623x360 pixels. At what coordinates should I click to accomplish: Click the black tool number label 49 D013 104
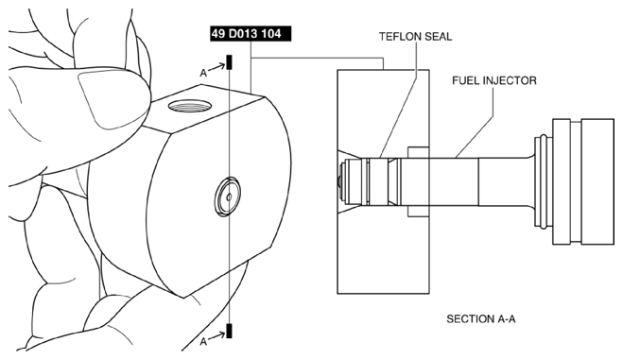coord(251,34)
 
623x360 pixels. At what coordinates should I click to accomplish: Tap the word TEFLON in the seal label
coord(400,37)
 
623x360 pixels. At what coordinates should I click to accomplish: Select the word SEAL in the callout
coord(439,37)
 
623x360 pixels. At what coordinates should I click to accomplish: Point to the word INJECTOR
coord(509,80)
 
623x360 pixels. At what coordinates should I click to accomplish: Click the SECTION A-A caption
coord(481,318)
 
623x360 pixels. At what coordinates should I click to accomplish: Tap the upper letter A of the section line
coord(203,73)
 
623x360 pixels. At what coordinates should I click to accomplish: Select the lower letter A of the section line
coord(203,341)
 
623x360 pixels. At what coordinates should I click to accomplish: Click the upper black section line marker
coord(230,62)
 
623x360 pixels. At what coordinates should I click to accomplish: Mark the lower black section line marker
coord(229,331)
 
